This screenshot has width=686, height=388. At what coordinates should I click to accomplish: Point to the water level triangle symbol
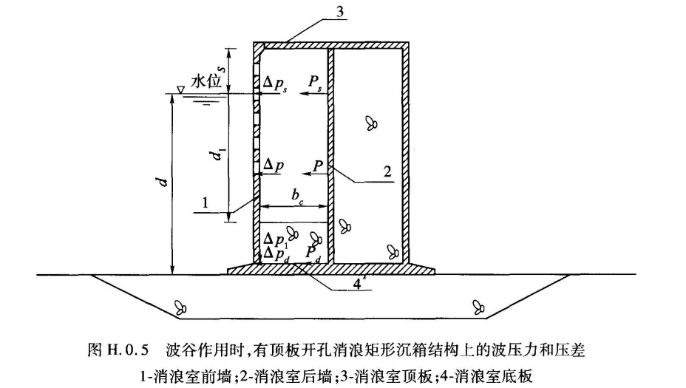pyautogui.click(x=180, y=90)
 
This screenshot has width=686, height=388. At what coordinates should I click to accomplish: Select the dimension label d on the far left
pyautogui.click(x=162, y=181)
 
